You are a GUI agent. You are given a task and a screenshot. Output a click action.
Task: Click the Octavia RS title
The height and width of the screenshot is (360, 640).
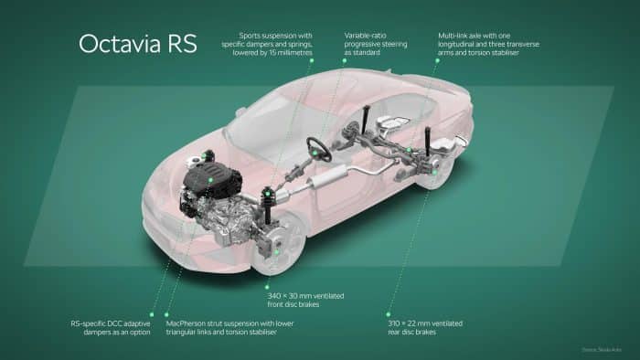(x=137, y=44)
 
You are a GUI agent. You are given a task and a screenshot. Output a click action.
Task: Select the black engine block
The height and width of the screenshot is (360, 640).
(x=208, y=179)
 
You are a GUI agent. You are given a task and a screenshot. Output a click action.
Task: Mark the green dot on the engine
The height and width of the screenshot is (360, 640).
(x=210, y=181)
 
